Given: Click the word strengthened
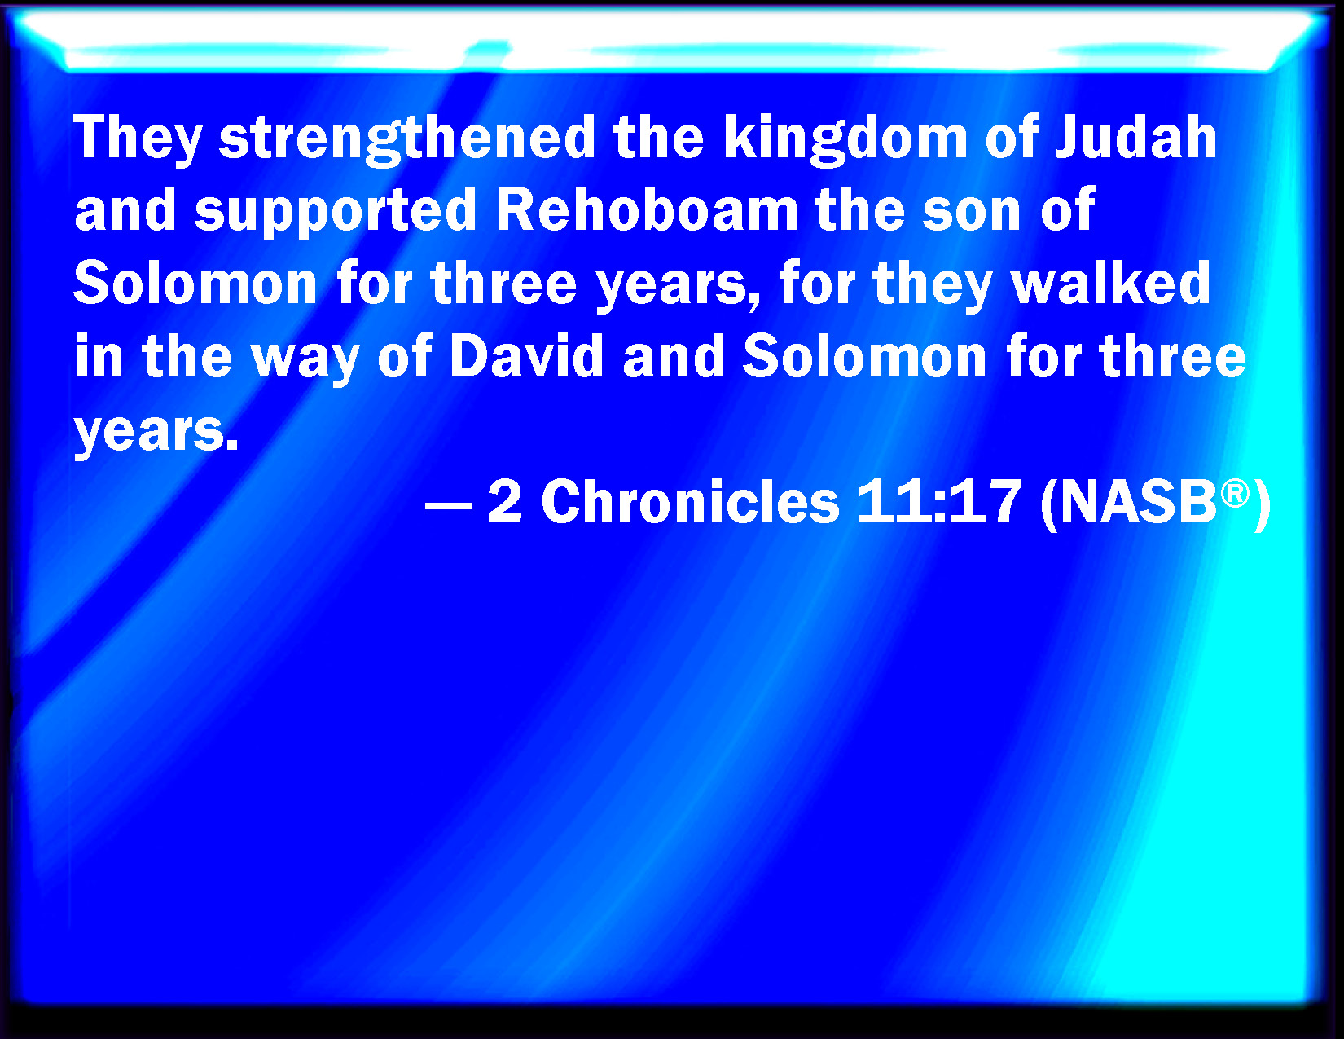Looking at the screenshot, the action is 407,140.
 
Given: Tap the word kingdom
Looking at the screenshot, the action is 845,140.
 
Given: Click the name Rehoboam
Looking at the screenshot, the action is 646,211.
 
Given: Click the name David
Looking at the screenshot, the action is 526,355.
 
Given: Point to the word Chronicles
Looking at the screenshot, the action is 690,502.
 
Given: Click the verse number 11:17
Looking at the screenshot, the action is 938,502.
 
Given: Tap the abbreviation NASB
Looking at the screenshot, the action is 1139,502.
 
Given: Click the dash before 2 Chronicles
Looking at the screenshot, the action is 448,507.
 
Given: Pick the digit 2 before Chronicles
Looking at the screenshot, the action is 505,502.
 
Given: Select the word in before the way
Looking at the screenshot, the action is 98,356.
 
